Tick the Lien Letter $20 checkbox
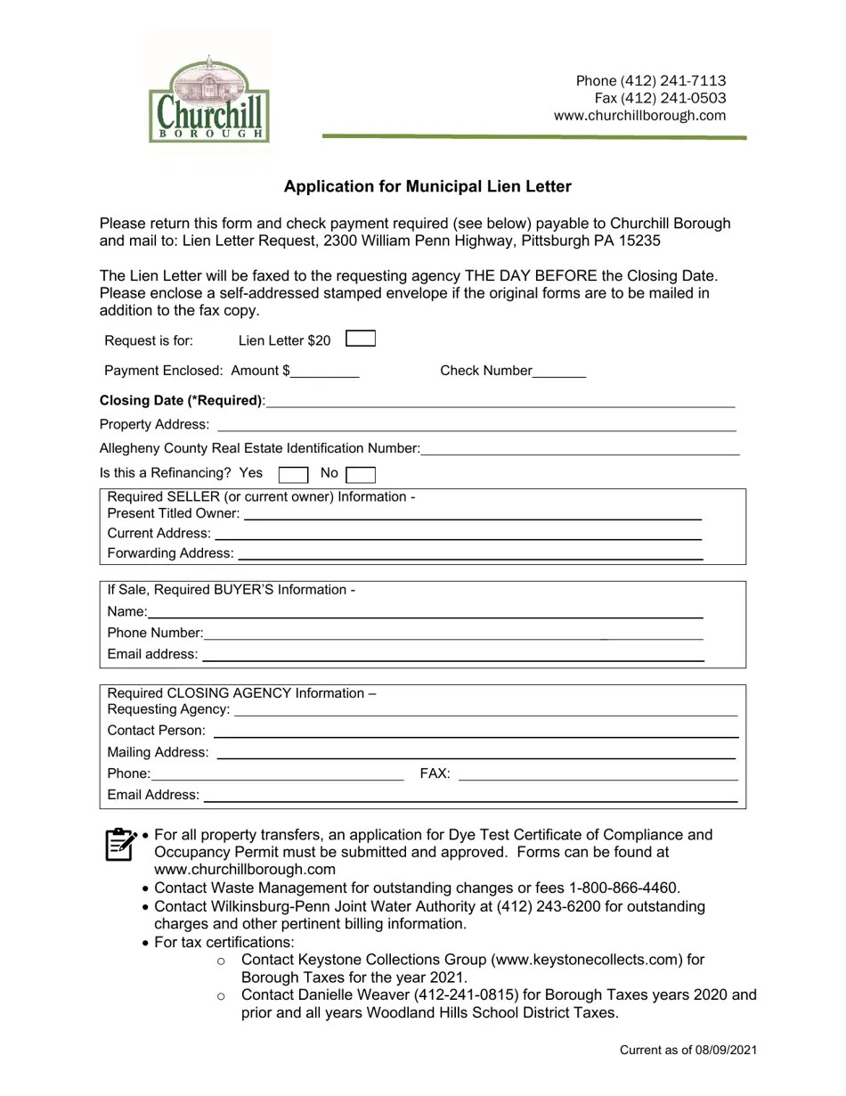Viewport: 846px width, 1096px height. pos(360,339)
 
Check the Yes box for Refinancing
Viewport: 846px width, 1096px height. pos(293,474)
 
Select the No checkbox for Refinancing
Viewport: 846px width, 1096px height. pos(361,474)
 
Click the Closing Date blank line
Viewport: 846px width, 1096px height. pos(500,402)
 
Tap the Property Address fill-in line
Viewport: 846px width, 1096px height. pos(476,426)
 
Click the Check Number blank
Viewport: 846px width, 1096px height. pos(559,372)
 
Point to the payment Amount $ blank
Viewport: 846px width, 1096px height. pos(325,372)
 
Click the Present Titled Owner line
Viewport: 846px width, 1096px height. pos(472,514)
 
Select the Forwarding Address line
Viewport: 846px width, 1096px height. pos(470,554)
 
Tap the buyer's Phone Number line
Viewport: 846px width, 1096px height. pos(452,634)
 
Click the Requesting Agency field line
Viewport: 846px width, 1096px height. pos(485,711)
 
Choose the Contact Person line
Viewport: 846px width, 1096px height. pos(476,732)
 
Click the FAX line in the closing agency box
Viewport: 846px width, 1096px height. pos(598,775)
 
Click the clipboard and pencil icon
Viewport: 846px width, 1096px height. pos(120,844)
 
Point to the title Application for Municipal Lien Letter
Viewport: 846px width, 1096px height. pos(427,186)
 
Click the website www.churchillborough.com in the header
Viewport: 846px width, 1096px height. pos(639,116)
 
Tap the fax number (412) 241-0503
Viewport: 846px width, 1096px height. pos(672,98)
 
